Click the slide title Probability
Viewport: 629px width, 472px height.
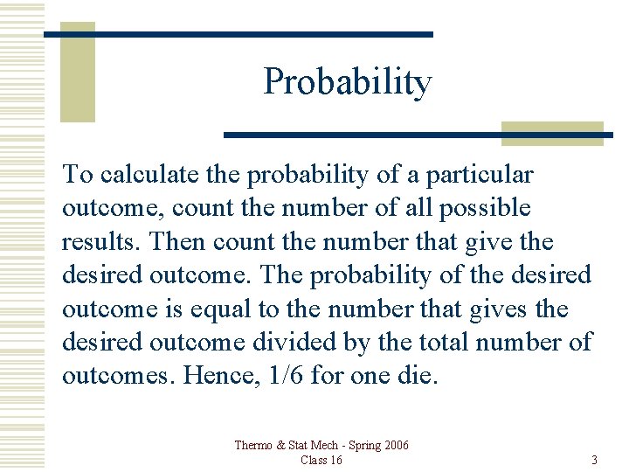(x=347, y=82)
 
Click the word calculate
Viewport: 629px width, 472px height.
(x=141, y=175)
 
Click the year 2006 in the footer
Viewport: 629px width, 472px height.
(x=392, y=446)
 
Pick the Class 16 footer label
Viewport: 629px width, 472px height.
(x=321, y=460)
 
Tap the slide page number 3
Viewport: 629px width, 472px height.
(x=594, y=460)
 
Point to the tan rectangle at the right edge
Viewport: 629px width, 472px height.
(x=552, y=133)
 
